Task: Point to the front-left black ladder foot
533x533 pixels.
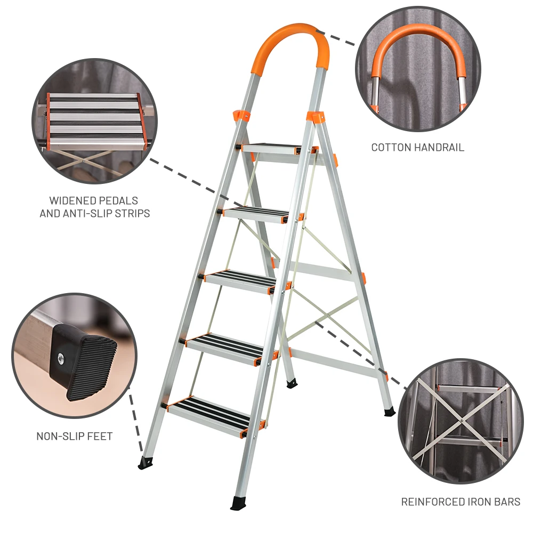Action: pos(146,462)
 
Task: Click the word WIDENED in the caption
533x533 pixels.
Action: pos(71,201)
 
